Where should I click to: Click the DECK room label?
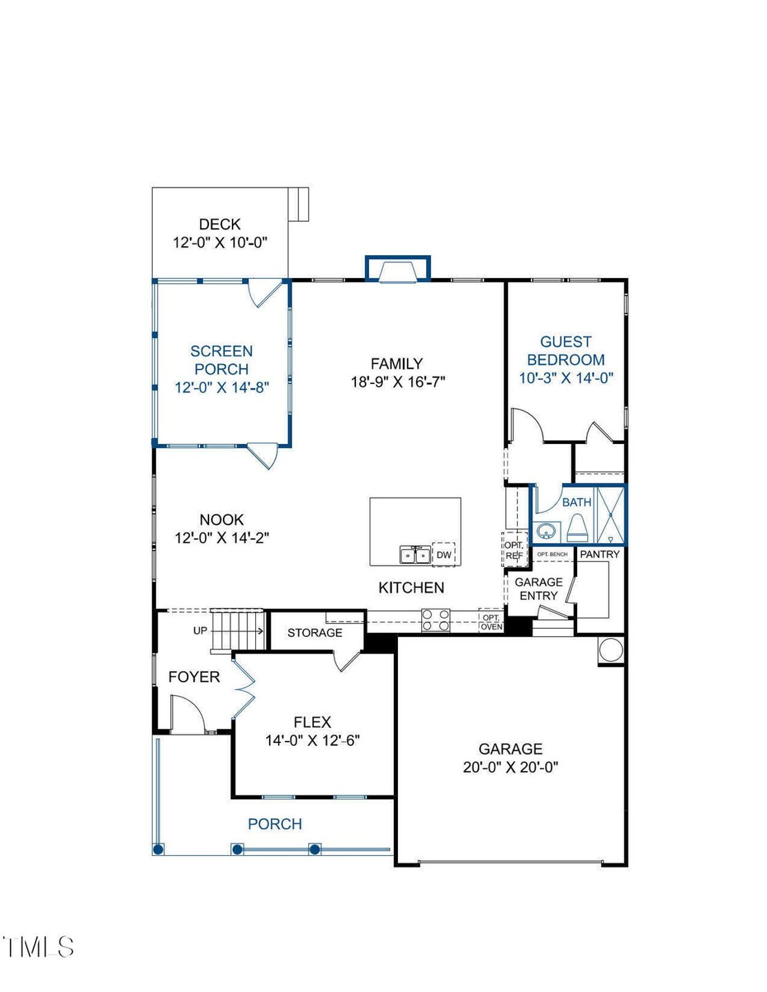click(219, 225)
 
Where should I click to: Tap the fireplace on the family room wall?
click(397, 270)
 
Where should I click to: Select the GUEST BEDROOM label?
click(565, 350)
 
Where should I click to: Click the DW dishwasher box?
click(443, 555)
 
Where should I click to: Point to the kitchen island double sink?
click(415, 555)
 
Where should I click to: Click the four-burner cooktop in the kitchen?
click(436, 619)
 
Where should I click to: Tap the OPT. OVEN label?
click(491, 622)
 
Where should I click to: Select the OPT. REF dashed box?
click(514, 550)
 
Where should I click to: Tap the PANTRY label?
click(599, 554)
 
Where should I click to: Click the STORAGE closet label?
click(315, 633)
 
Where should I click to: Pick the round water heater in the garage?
click(611, 650)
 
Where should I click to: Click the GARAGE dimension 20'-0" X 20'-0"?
click(511, 767)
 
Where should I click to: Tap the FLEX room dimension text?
click(312, 740)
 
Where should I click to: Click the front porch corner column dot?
click(158, 849)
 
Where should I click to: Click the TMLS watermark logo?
click(38, 947)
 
